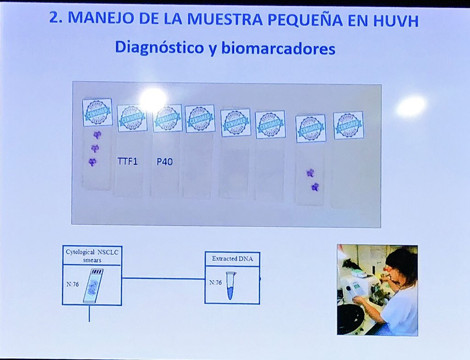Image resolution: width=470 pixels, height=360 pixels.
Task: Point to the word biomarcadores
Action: (x=278, y=49)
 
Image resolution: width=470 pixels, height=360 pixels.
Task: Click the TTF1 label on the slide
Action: (x=128, y=161)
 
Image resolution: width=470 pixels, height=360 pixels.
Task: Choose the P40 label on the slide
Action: (x=164, y=161)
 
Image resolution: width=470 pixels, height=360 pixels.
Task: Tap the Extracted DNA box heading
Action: (x=232, y=259)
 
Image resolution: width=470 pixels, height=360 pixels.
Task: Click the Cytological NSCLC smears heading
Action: (x=92, y=255)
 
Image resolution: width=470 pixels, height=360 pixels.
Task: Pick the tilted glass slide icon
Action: (x=93, y=286)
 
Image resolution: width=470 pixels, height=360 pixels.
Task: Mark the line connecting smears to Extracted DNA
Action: (x=163, y=278)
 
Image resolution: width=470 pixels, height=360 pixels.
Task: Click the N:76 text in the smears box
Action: (x=73, y=284)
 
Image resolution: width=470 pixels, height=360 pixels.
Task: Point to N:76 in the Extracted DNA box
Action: (x=215, y=282)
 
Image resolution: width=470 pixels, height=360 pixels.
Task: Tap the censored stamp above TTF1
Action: (x=132, y=118)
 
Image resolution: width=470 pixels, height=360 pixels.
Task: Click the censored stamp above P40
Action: (x=167, y=118)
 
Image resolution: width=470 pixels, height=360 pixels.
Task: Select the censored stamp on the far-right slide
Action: (x=348, y=125)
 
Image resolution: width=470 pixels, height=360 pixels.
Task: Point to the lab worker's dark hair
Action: (x=401, y=262)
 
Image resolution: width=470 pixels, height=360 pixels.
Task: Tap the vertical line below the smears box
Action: (x=89, y=314)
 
